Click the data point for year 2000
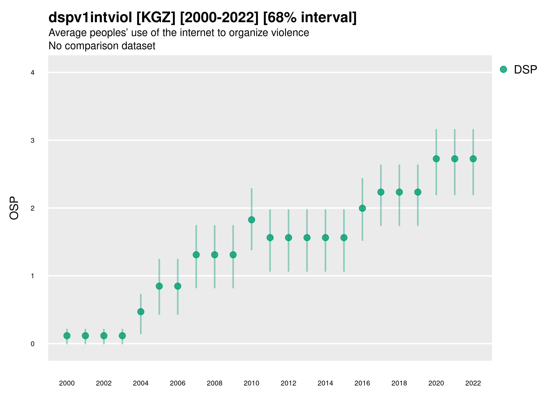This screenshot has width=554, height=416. (67, 336)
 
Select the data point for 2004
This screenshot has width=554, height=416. (141, 312)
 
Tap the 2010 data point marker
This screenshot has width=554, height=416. (251, 220)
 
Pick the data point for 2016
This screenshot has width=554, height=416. (362, 208)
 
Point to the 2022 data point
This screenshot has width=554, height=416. (473, 159)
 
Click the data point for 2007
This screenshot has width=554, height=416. (196, 255)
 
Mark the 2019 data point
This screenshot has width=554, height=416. (418, 192)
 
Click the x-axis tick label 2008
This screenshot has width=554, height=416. (214, 383)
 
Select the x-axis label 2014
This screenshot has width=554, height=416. (325, 383)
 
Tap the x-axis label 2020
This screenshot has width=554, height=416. (436, 383)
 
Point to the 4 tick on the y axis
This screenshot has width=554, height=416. (33, 73)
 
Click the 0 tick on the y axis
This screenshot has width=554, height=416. (33, 344)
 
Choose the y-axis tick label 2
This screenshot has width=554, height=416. (33, 208)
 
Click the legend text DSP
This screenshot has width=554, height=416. (525, 70)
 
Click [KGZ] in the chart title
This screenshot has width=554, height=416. (156, 18)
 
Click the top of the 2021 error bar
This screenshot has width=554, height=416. (455, 130)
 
